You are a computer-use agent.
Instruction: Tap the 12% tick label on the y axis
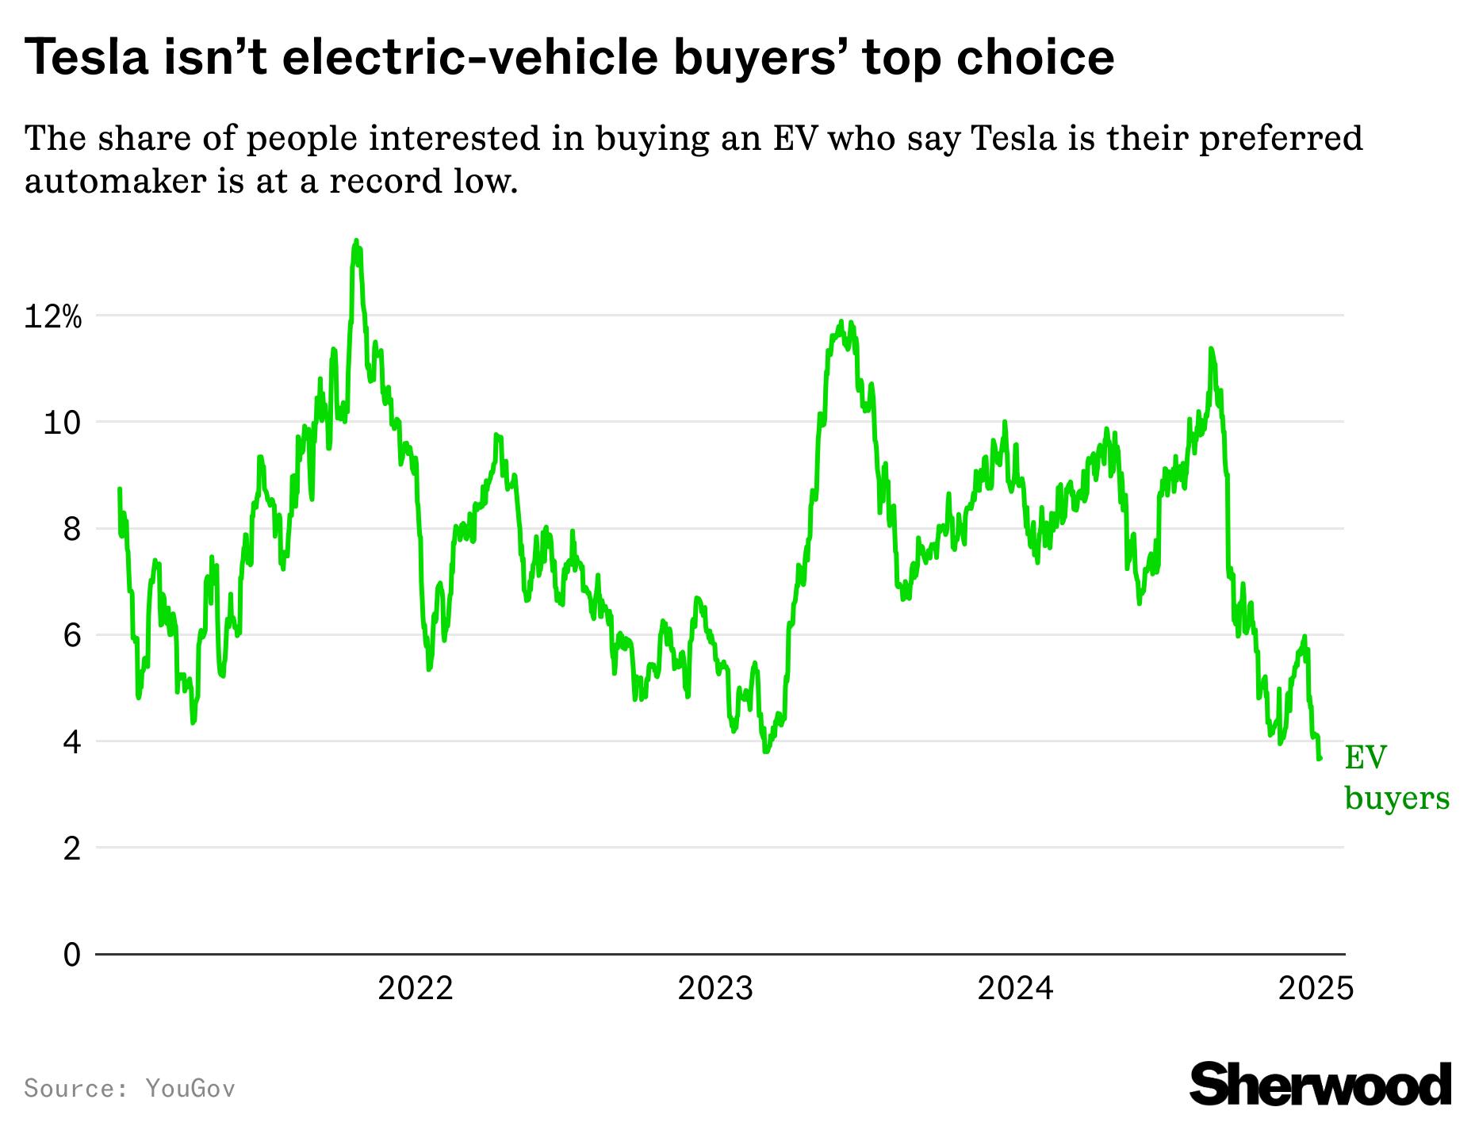click(52, 317)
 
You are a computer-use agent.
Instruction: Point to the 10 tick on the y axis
click(61, 423)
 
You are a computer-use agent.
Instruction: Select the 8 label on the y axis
click(71, 529)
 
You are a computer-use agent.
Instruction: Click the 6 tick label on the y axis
click(71, 635)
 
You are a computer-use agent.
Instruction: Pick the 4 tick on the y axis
click(71, 742)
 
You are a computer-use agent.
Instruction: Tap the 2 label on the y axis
click(71, 848)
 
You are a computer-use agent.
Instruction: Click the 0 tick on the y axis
click(71, 955)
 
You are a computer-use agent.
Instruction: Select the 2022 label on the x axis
click(415, 989)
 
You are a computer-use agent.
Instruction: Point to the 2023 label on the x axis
click(715, 989)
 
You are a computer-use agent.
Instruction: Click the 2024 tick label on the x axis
click(1015, 989)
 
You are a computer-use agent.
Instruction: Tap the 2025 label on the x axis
click(1316, 989)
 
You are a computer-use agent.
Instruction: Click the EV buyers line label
click(1396, 777)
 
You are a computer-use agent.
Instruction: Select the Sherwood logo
click(1320, 1084)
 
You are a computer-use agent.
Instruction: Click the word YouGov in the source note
click(190, 1088)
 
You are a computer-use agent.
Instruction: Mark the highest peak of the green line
click(355, 240)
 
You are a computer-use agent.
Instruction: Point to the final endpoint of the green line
click(1320, 759)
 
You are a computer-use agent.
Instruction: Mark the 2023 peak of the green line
click(841, 322)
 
